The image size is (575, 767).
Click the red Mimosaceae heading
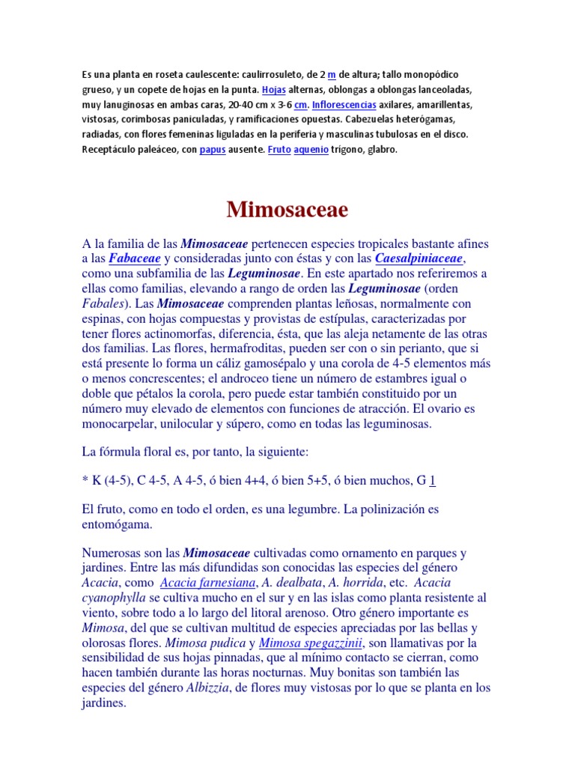pos(287,210)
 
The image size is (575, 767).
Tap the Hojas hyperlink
pos(274,90)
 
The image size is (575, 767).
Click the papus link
pos(212,150)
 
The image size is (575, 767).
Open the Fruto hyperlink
pos(279,150)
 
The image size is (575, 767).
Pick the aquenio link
pos(311,150)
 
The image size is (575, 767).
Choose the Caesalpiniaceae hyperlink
pos(420,258)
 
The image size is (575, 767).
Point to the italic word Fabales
pos(103,303)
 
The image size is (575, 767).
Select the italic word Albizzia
pos(206,688)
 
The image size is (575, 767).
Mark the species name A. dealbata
pos(293,582)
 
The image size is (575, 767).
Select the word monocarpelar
pos(121,424)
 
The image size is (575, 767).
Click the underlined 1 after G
pos(433,480)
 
